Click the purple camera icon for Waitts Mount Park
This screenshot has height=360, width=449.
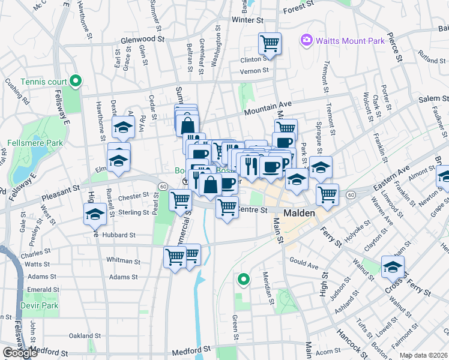coord(307,40)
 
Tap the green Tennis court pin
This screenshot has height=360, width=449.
coord(75,80)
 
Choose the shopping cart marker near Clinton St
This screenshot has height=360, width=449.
coord(270,43)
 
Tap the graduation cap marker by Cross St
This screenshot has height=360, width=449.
coord(393,266)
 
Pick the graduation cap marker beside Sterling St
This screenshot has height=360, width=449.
coord(95,215)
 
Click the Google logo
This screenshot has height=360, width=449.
coord(20,353)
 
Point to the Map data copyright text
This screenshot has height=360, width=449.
coord(423,355)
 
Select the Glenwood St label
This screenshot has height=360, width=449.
coord(142,38)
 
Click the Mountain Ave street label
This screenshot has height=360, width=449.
coord(267,107)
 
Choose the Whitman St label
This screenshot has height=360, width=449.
coord(123,261)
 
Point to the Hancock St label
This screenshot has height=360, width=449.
coord(349,341)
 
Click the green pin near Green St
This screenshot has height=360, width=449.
coord(243,278)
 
